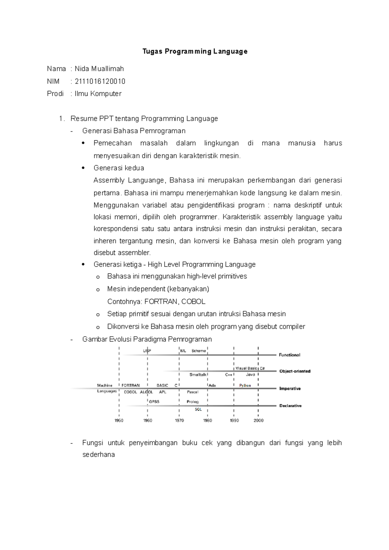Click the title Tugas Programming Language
(195, 52)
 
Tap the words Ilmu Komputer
(98, 94)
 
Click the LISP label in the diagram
(147, 350)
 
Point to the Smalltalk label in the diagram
(198, 374)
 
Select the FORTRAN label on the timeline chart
(130, 385)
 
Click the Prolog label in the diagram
(193, 402)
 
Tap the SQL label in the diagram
(198, 409)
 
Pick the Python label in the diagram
(245, 385)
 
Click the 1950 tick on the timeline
(119, 420)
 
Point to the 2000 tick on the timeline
(258, 420)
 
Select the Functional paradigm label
(289, 355)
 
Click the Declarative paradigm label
(290, 406)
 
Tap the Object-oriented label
(295, 371)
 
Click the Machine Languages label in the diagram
(106, 388)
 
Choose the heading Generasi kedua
(119, 168)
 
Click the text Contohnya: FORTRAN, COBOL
(156, 302)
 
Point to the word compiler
(292, 327)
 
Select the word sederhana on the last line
(99, 454)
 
